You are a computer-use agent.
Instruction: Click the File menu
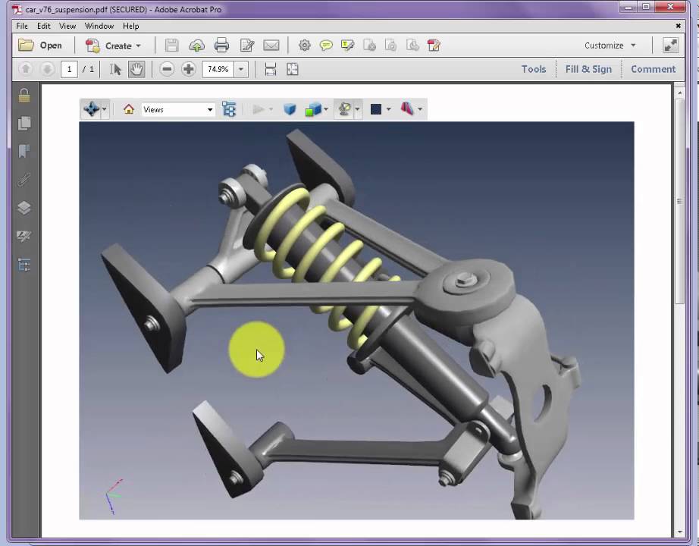click(22, 26)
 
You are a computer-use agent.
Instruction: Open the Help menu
click(130, 26)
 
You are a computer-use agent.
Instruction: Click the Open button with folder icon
click(41, 45)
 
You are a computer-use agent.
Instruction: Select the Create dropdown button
click(113, 45)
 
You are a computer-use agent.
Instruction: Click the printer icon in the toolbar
click(221, 45)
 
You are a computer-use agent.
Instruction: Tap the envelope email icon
click(271, 45)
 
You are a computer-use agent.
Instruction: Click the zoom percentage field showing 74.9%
click(218, 69)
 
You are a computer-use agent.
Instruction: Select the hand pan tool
click(136, 69)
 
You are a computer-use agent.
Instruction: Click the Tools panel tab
click(533, 69)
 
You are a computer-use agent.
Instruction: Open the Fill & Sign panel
click(588, 69)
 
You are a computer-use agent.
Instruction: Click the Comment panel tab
click(653, 69)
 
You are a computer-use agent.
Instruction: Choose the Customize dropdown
click(610, 45)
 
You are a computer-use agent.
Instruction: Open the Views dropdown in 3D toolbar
click(178, 110)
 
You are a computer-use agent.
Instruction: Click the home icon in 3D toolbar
click(129, 110)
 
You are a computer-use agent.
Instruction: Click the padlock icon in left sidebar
click(24, 96)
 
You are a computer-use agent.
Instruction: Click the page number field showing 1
click(69, 69)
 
